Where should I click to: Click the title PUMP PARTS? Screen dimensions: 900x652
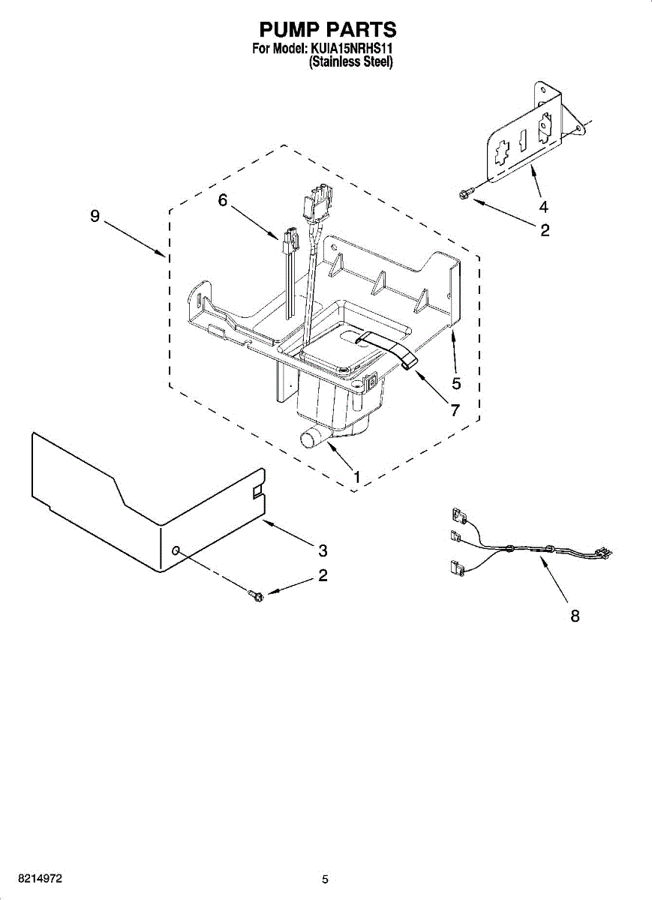[x=327, y=29]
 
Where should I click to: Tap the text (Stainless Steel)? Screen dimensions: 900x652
[x=351, y=63]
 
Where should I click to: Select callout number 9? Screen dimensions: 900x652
[x=95, y=216]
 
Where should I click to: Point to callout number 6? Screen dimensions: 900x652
[x=222, y=199]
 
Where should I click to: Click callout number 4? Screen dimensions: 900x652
[x=543, y=208]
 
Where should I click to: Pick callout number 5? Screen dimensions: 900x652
[x=456, y=383]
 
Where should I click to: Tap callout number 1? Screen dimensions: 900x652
[x=357, y=476]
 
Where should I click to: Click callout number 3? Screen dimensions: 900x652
[x=323, y=550]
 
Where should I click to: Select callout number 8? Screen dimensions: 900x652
[x=575, y=616]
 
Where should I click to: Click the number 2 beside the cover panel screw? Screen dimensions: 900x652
[x=323, y=576]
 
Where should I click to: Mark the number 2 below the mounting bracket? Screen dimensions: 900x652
[x=545, y=230]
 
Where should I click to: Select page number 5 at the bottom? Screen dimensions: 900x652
[x=325, y=879]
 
